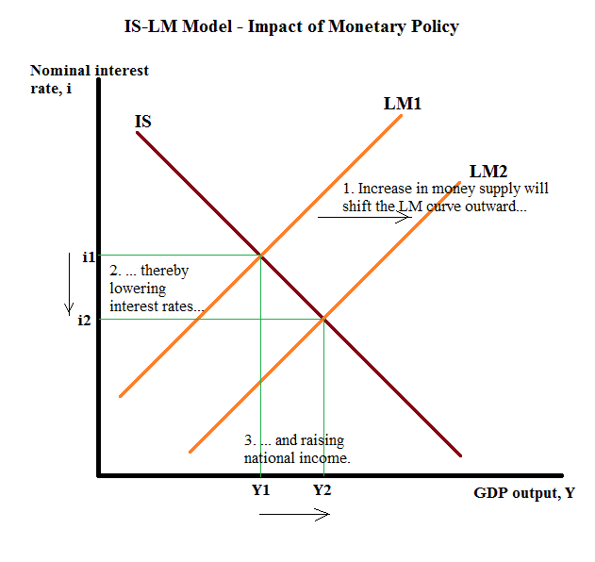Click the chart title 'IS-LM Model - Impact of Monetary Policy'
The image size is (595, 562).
click(x=291, y=26)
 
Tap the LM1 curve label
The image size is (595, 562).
click(x=402, y=102)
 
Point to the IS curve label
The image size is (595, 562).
click(x=142, y=122)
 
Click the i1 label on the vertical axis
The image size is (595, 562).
click(x=88, y=256)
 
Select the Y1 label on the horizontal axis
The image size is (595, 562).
click(x=261, y=490)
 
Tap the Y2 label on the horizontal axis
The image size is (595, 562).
click(x=322, y=490)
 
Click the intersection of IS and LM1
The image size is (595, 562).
click(x=261, y=256)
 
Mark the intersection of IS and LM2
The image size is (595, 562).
click(x=324, y=319)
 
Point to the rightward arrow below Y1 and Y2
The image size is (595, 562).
click(x=293, y=514)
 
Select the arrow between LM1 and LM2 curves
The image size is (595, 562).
click(x=364, y=218)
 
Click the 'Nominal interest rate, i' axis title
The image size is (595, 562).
click(x=90, y=78)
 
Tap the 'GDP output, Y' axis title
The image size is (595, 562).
click(x=525, y=492)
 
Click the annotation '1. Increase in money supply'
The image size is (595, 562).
click(x=445, y=197)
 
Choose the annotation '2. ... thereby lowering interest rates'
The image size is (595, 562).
click(x=157, y=289)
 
